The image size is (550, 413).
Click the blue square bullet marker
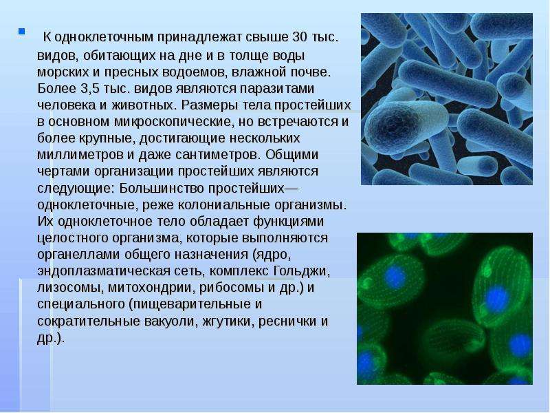pos(22,31)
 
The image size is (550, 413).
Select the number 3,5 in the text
pos(90,89)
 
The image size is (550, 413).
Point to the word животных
pos(142,105)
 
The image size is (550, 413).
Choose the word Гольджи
pos(301,271)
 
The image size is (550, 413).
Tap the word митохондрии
pos(151,288)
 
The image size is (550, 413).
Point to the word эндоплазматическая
pos(101,271)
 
